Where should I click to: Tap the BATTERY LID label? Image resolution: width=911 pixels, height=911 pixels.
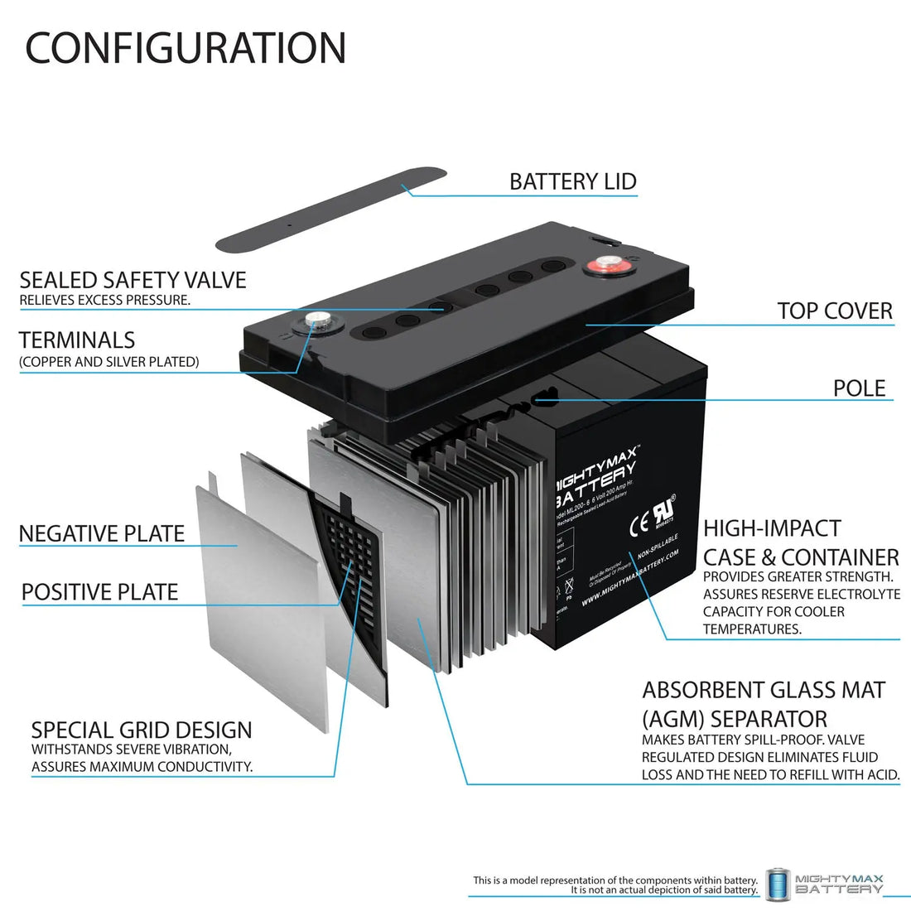click(572, 181)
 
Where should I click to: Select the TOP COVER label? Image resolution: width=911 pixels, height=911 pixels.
click(834, 311)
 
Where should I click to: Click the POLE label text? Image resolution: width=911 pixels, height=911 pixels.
click(859, 388)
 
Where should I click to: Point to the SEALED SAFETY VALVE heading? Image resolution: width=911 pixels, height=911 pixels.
click(133, 280)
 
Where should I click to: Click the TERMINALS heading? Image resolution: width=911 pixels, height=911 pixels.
click(77, 340)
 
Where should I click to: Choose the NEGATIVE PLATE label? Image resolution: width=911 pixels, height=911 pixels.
click(101, 534)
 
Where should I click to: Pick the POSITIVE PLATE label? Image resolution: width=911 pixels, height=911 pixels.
click(99, 592)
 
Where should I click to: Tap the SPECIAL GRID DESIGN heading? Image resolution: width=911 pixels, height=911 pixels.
click(142, 730)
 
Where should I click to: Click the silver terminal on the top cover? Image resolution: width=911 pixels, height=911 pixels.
click(316, 319)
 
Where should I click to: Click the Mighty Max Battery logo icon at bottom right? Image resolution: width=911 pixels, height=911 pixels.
click(777, 883)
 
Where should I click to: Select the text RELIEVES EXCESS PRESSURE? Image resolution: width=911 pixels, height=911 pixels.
click(104, 300)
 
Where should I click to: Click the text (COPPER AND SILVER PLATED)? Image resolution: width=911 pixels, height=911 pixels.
click(108, 362)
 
